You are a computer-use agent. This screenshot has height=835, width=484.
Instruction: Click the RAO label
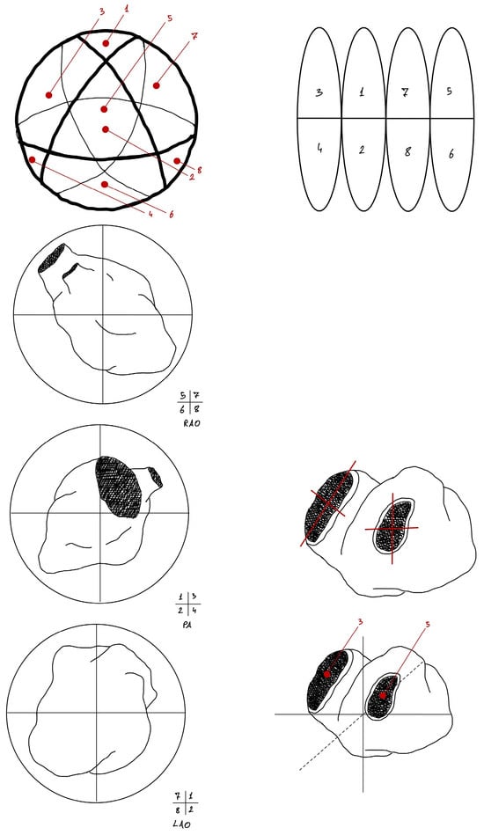[x=190, y=424]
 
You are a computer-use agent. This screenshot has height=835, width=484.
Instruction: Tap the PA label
[x=186, y=625]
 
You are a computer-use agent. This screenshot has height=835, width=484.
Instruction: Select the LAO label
[x=182, y=824]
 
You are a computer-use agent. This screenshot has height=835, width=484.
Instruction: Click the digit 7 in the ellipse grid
[x=405, y=92]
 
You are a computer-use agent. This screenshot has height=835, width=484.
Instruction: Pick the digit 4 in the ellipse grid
[x=319, y=149]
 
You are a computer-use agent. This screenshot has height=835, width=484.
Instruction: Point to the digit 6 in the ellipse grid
[x=451, y=153]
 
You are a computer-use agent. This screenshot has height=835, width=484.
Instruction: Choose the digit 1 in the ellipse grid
[x=362, y=92]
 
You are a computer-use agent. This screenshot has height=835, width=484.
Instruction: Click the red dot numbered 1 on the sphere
[x=106, y=43]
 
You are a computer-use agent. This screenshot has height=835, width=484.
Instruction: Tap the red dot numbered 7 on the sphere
[x=156, y=85]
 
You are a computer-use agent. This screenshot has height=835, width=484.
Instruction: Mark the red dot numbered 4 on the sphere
[x=32, y=160]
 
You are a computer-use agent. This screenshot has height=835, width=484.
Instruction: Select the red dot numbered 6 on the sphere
[x=105, y=184]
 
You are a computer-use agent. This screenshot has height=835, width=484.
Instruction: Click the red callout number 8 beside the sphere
[x=199, y=171]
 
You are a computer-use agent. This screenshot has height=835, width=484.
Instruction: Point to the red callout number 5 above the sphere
[x=169, y=18]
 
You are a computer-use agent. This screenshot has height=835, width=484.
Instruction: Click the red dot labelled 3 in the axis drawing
[x=327, y=674]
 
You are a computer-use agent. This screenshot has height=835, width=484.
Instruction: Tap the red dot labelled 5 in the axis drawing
[x=382, y=695]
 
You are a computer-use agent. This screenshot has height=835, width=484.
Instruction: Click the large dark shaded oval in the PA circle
[x=119, y=487]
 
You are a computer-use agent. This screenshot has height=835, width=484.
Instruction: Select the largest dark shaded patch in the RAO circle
[x=51, y=259]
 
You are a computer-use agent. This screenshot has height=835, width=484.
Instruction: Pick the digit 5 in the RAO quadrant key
[x=183, y=396]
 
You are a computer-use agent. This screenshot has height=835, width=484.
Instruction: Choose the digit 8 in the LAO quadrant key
[x=177, y=810]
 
